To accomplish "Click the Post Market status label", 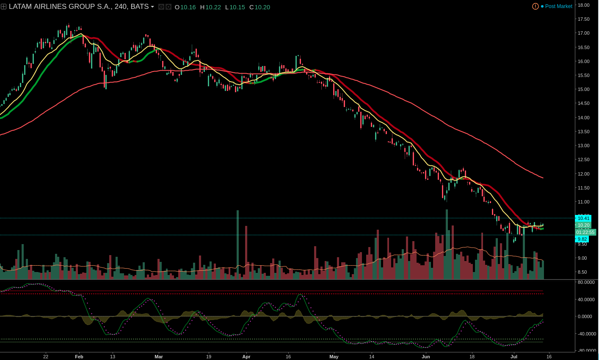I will coord(558,6).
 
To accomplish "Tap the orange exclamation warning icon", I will coord(536,6).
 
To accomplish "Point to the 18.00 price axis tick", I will coord(584,5).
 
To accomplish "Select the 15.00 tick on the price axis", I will coord(584,89).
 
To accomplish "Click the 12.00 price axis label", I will coord(584,174).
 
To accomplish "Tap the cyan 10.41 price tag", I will coord(583,218).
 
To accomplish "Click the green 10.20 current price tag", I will coord(583,225).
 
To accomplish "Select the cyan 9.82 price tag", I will coord(582,239).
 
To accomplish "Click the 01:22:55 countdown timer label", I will coord(585,232).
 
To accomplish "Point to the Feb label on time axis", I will coord(79,357).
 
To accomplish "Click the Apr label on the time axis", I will coord(246,357).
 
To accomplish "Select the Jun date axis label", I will coord(425,357).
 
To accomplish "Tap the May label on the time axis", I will coord(334,357).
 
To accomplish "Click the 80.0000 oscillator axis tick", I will coord(586,282).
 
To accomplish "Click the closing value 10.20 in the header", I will coord(262,7).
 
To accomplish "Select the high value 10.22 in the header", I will coord(213,7).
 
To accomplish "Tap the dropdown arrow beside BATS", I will coord(152,7).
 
